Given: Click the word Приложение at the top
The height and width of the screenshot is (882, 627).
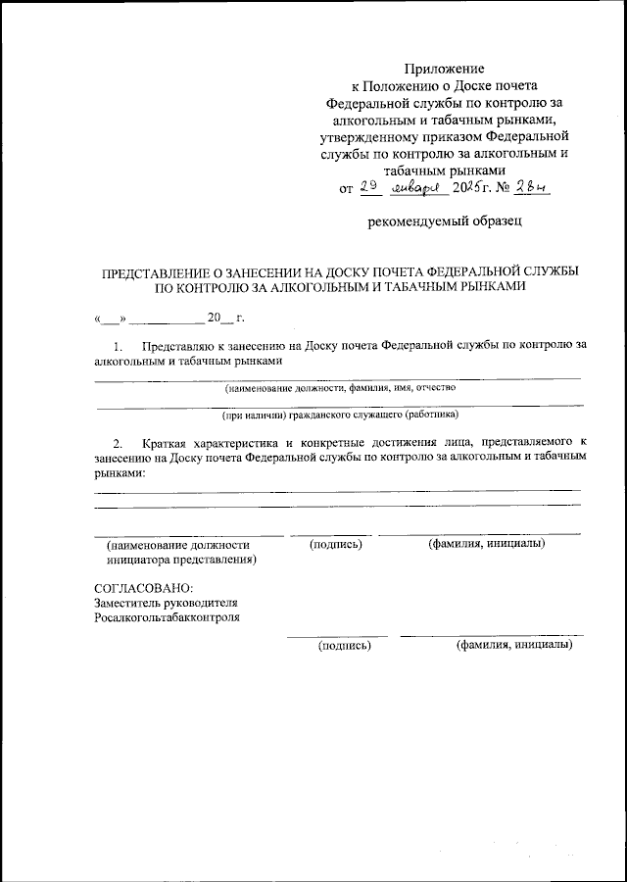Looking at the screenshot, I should [445, 69].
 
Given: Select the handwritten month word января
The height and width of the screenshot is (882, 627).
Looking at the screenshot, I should [418, 188].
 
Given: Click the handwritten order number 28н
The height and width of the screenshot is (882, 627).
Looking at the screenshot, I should [535, 187].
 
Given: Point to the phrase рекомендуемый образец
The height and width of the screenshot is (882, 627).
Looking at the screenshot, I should [445, 221].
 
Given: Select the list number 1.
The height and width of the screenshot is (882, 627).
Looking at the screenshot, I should [118, 346].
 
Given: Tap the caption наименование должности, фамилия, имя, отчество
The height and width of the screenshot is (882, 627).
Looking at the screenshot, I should [339, 388].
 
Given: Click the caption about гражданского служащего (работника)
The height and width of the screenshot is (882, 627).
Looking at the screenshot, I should [339, 415].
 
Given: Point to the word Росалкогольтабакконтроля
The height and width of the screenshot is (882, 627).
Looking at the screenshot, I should [167, 618].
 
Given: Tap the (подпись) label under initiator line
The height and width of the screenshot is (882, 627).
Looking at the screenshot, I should [339, 544].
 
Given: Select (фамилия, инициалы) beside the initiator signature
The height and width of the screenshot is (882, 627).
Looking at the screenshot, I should [486, 544].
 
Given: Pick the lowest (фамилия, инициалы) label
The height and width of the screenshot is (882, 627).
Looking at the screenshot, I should [513, 646].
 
